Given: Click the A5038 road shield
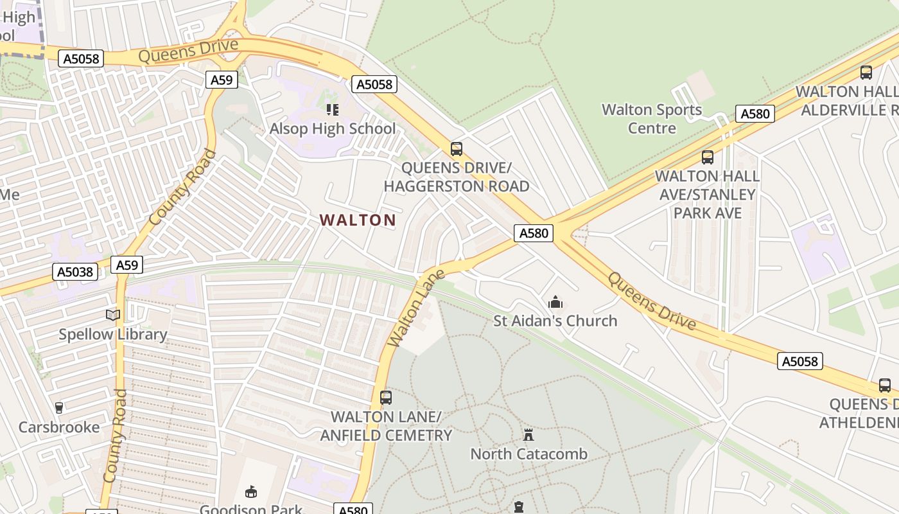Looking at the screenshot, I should coord(76,272).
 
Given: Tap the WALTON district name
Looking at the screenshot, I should coord(358,220).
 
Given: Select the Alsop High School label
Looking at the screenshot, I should coord(333,128).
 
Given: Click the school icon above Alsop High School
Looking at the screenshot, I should coord(332,110).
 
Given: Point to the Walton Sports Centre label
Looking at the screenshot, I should coord(652,119).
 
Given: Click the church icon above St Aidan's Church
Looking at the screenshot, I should coord(555,301).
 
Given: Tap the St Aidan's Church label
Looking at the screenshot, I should coord(555,321).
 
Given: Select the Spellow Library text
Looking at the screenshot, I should coord(113,334).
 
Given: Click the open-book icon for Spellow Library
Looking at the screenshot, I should coord(113,315).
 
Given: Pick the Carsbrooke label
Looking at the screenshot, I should coord(59,427).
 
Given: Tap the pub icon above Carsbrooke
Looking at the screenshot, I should coord(59,407).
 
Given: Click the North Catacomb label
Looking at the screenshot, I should coord(529,454).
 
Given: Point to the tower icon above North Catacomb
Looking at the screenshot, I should coord(528,434).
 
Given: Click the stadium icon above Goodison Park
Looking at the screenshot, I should coord(251,492).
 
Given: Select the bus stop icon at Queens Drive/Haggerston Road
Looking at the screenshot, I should coord(457,149).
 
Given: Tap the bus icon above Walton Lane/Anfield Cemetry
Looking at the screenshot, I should coord(386,398).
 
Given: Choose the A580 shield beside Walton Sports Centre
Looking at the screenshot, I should coord(755,114).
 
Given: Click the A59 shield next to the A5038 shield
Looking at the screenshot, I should coord(127,265).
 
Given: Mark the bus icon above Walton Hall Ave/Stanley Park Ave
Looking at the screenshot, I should coord(708,157).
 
